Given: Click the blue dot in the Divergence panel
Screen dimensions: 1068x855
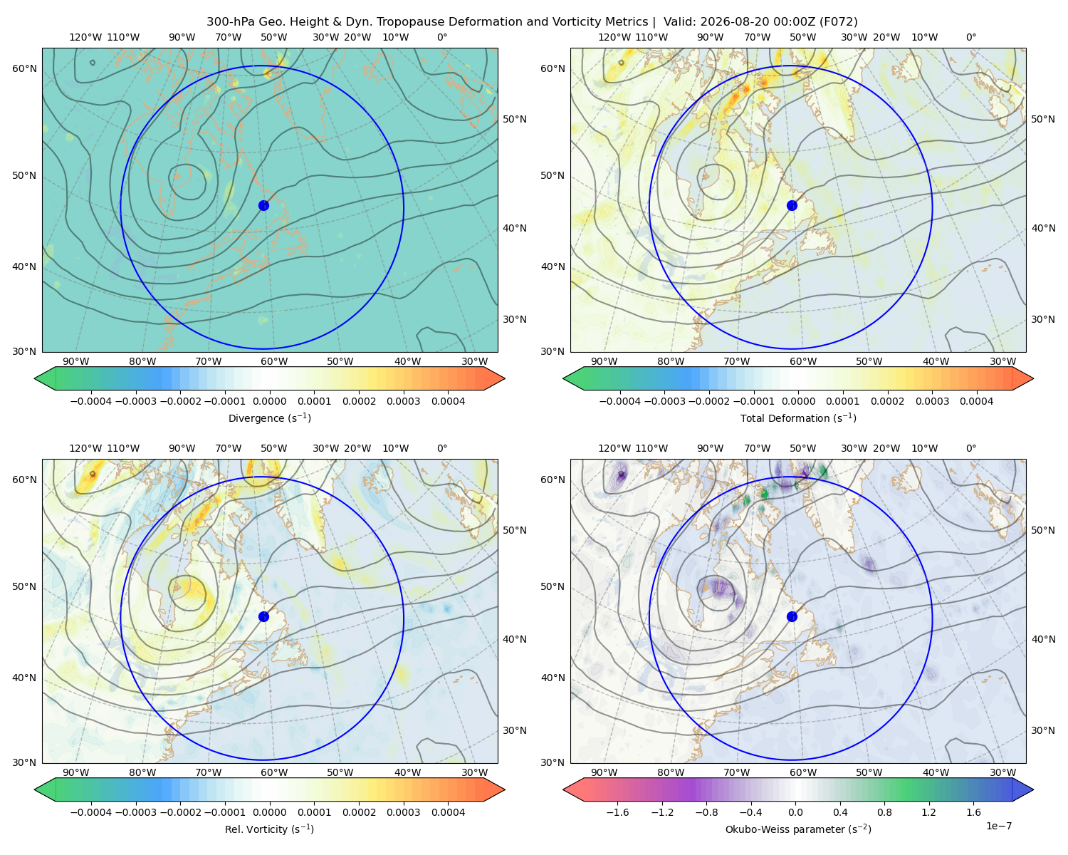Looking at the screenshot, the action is pos(263,205).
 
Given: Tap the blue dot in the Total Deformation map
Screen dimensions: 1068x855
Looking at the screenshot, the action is pos(792,205).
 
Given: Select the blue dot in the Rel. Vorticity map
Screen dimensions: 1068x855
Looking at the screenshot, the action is pos(263,616).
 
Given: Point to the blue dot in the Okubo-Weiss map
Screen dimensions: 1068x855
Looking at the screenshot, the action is pos(792,616).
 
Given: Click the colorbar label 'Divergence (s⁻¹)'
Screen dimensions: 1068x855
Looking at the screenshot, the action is pos(269,418).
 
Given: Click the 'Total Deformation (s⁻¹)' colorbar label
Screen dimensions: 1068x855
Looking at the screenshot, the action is pos(798,418).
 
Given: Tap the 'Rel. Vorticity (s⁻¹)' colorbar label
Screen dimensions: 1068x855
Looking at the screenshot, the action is pos(269,829).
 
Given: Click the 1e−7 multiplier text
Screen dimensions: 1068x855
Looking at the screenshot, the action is pos(998,826).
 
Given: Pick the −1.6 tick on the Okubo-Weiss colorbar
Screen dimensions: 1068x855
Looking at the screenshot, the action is pos(618,812).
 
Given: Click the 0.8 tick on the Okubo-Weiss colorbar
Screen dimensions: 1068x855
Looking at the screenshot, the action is pos(884,812).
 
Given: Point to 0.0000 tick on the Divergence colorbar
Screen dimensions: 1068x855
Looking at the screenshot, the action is pos(269,401).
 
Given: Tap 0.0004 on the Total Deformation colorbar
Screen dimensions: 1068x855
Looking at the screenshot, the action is pos(977,401).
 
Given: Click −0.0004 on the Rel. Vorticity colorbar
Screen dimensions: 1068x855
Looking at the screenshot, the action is pos(91,812).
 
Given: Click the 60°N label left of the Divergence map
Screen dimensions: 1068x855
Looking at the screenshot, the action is pos(24,68).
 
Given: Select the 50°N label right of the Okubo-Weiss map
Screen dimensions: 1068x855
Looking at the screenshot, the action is pos(1042,530).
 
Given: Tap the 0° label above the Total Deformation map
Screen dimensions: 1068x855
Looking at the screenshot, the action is pos(970,37).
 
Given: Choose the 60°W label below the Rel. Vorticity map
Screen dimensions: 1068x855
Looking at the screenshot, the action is pos(274,772).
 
